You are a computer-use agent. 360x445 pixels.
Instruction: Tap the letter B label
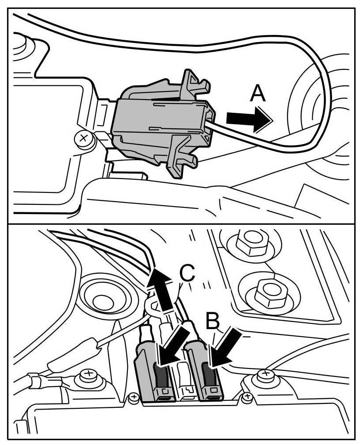pyautogui.click(x=213, y=322)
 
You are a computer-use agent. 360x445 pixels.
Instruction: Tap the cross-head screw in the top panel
pyautogui.click(x=83, y=138)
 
